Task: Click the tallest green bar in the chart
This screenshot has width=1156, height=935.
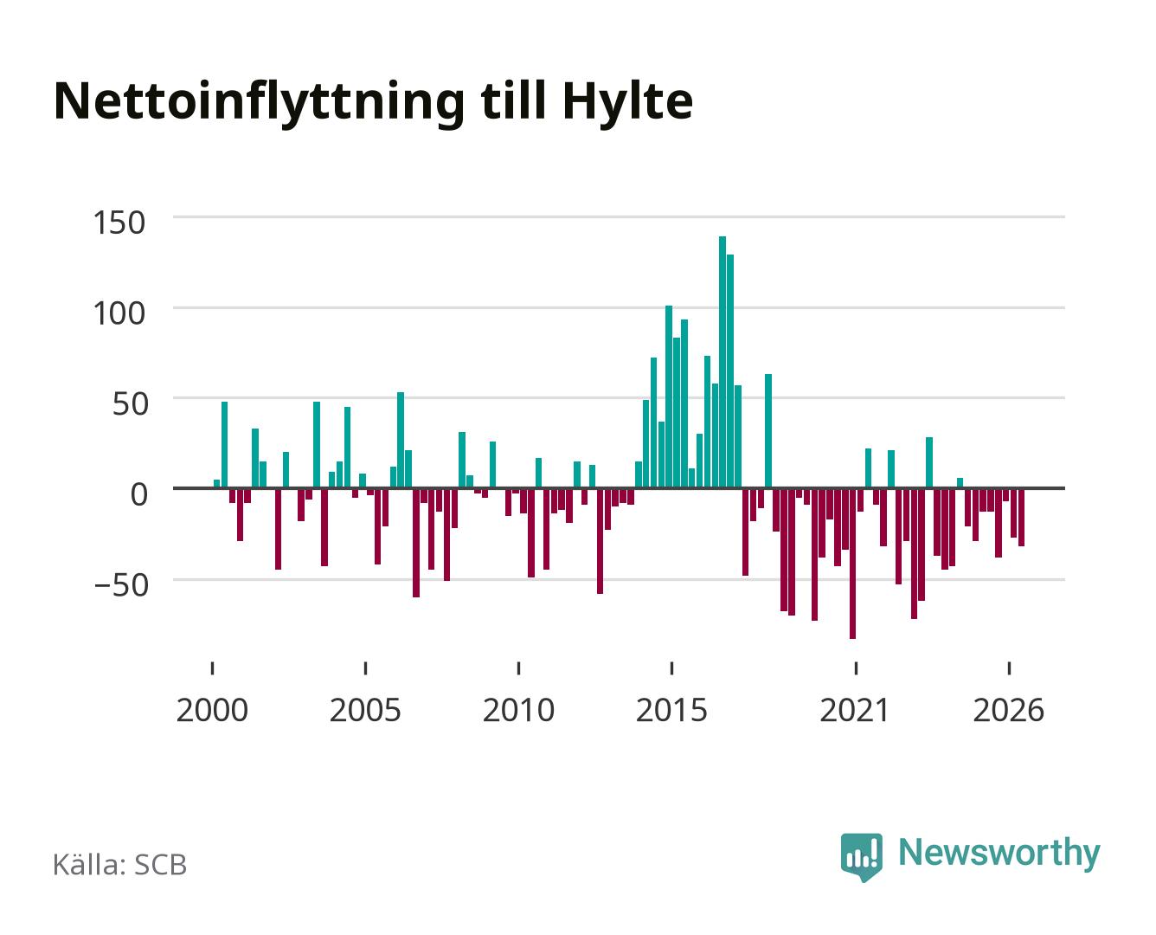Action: (x=722, y=362)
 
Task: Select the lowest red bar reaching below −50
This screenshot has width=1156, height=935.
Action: (x=852, y=564)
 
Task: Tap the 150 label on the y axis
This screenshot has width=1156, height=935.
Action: (x=119, y=222)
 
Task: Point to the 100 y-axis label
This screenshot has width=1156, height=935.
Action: (x=119, y=313)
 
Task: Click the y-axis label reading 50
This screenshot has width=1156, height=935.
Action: (x=131, y=404)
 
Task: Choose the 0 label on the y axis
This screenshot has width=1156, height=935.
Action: (x=139, y=494)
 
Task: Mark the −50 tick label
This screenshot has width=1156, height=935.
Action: (x=121, y=586)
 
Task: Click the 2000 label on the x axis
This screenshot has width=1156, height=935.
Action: (x=212, y=710)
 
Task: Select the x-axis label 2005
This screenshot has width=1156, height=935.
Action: (x=365, y=710)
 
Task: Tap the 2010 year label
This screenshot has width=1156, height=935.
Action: (x=519, y=710)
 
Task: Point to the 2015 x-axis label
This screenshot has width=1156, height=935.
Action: (x=672, y=710)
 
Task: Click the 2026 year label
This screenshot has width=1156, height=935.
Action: (x=1009, y=710)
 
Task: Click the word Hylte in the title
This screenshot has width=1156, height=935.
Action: (x=628, y=102)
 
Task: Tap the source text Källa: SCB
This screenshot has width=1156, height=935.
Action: (x=120, y=864)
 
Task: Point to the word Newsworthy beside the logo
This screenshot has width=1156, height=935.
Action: (x=999, y=854)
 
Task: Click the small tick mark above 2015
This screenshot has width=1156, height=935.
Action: (x=672, y=668)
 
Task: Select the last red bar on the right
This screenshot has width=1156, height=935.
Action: (x=1021, y=518)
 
